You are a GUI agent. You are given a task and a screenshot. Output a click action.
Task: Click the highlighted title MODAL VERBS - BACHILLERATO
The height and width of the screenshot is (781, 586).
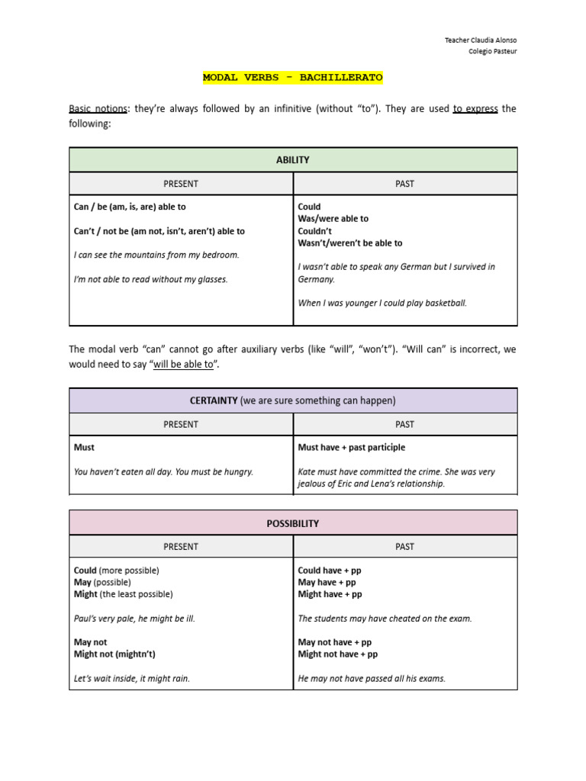click(292, 78)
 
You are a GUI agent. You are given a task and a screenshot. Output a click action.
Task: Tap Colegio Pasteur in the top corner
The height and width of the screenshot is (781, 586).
click(492, 52)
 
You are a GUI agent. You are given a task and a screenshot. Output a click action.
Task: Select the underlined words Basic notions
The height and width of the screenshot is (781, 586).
click(96, 109)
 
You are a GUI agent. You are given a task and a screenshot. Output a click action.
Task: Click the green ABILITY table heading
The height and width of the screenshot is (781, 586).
click(292, 160)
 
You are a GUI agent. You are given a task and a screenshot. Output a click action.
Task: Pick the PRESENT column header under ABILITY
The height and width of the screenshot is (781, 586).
click(181, 184)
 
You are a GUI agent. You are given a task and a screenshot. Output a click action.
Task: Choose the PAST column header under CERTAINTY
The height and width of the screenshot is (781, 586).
click(405, 424)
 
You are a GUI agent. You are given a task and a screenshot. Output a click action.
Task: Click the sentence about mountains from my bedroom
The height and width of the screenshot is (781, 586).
click(156, 255)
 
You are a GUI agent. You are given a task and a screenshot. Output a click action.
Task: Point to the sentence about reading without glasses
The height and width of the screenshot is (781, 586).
click(150, 279)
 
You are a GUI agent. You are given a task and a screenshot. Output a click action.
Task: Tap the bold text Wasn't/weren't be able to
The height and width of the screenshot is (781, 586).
click(350, 243)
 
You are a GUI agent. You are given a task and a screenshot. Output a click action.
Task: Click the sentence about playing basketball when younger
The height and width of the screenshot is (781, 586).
click(382, 303)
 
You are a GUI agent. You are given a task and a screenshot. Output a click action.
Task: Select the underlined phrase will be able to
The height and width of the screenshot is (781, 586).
click(183, 365)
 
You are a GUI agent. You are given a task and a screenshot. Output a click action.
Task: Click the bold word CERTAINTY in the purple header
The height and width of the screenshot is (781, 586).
click(214, 400)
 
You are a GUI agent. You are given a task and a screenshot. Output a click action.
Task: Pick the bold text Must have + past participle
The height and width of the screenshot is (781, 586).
click(351, 448)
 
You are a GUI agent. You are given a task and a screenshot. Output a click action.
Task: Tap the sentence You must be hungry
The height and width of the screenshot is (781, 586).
click(163, 472)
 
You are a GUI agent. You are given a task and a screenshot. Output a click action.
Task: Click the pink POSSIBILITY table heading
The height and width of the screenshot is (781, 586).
click(292, 524)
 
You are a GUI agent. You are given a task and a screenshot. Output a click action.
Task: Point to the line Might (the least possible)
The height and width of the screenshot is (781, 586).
click(124, 594)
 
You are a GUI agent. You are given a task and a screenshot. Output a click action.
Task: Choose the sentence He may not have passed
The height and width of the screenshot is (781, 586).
click(371, 679)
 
